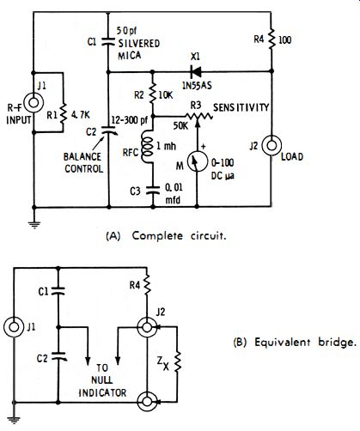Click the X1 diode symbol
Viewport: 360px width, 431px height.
(x=196, y=71)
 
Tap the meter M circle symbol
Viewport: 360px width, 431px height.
(x=197, y=161)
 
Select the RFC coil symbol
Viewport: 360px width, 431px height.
(x=148, y=146)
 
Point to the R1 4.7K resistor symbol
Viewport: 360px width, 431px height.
(x=63, y=114)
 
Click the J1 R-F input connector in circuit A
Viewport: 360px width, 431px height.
(x=34, y=102)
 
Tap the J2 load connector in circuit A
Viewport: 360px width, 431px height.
(x=272, y=145)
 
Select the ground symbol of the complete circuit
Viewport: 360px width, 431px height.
(x=34, y=224)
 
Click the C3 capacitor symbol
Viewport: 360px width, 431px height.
(x=153, y=190)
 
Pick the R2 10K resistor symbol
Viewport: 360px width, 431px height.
(x=152, y=92)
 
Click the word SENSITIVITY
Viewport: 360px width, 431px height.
(x=241, y=107)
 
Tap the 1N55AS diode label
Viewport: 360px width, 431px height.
(x=197, y=85)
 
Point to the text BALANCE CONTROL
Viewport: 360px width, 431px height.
(x=83, y=162)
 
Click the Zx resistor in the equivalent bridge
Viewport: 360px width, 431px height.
(x=177, y=361)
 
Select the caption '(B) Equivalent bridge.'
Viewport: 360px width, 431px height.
(x=295, y=343)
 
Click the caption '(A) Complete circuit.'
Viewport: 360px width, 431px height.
(x=166, y=236)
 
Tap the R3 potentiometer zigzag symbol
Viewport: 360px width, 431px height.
(x=198, y=117)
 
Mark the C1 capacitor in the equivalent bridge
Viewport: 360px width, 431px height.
(x=58, y=291)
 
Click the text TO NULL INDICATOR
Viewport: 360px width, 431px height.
(x=102, y=380)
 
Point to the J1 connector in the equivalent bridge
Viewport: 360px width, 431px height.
(x=14, y=327)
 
